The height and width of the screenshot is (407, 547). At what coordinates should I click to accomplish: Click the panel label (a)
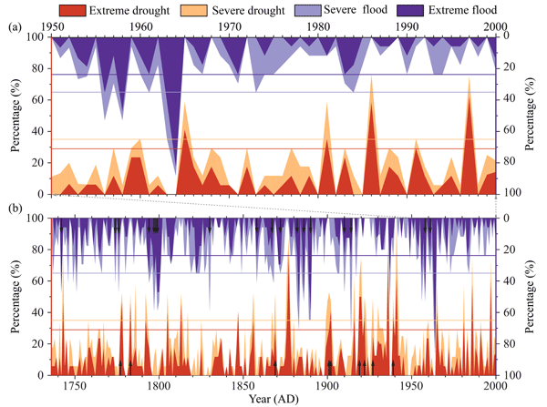[14, 26]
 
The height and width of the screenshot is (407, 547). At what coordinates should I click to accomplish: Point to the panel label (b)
[14, 208]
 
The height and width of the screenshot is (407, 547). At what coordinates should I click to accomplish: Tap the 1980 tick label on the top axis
[318, 26]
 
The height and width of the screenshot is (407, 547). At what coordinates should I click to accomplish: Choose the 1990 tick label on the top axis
[407, 26]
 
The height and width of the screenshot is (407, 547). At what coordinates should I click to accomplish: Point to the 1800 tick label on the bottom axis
[159, 385]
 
